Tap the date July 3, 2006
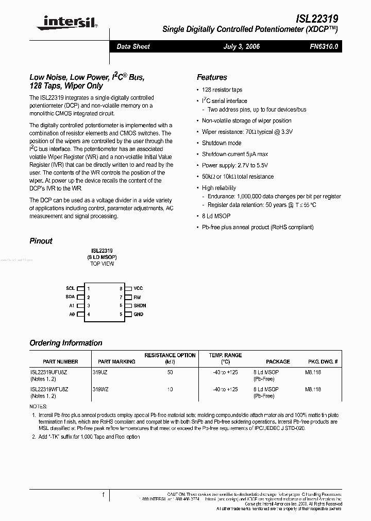click(x=241, y=46)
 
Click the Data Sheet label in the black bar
click(x=133, y=46)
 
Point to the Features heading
click(x=212, y=77)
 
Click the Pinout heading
click(x=41, y=240)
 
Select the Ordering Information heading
click(x=66, y=343)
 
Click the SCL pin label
click(x=70, y=289)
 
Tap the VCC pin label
click(x=138, y=289)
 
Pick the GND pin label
click(x=138, y=314)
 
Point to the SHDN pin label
click(x=140, y=306)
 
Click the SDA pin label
click(x=70, y=297)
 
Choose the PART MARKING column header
click(x=116, y=361)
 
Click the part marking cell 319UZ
click(x=100, y=372)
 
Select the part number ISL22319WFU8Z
click(x=49, y=389)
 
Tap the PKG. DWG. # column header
click(x=323, y=361)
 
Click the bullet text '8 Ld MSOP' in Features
click(x=215, y=216)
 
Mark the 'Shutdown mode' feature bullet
click(x=222, y=143)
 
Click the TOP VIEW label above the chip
click(x=102, y=264)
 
